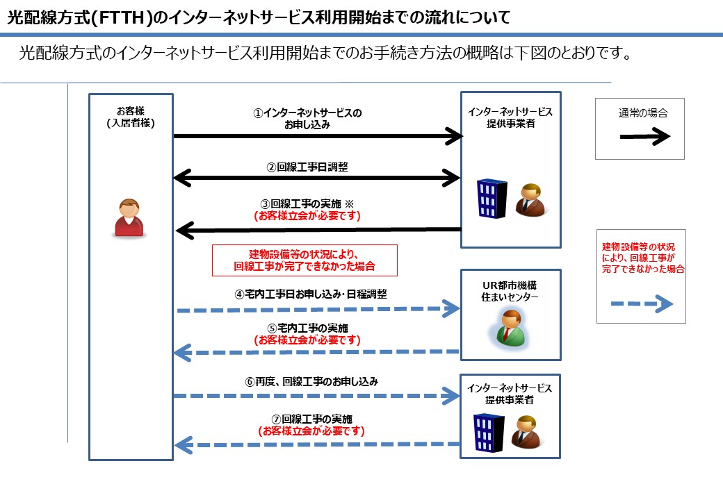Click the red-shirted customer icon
(130, 219)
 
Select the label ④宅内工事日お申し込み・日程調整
(310, 294)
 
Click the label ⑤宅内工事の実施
(308, 328)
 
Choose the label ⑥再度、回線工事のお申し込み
(311, 381)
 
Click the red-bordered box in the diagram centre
(304, 260)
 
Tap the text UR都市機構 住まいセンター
(510, 292)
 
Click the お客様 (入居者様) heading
(131, 117)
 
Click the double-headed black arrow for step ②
(316, 178)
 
